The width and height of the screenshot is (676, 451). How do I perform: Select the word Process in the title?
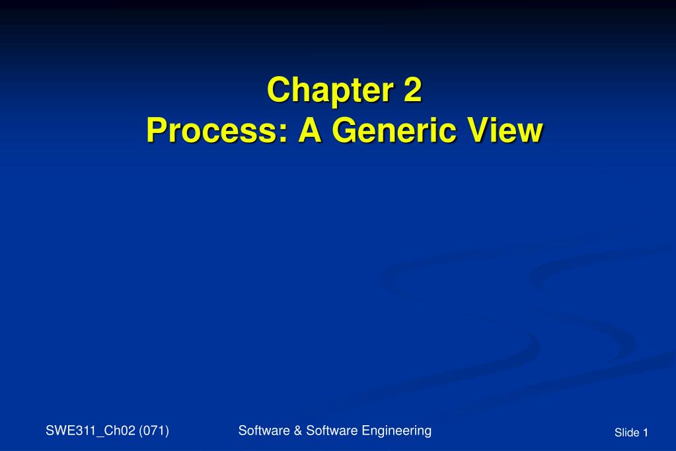tap(212, 130)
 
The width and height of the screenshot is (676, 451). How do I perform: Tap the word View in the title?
tap(506, 130)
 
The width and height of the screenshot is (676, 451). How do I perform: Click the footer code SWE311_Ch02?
tap(90, 431)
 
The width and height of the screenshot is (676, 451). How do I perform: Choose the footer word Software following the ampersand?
tap(329, 430)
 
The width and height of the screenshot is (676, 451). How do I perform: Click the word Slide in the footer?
tap(626, 432)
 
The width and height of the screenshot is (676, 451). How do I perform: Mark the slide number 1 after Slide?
tap(646, 432)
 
